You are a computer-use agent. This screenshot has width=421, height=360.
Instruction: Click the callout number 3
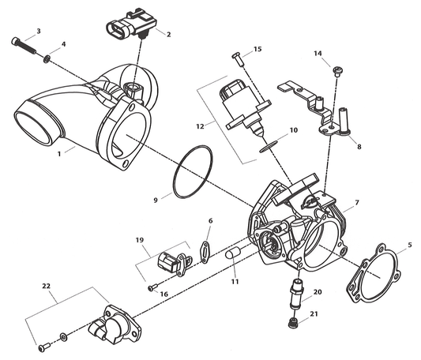coord(38,32)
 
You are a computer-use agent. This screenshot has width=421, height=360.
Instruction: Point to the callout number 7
coord(356,203)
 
